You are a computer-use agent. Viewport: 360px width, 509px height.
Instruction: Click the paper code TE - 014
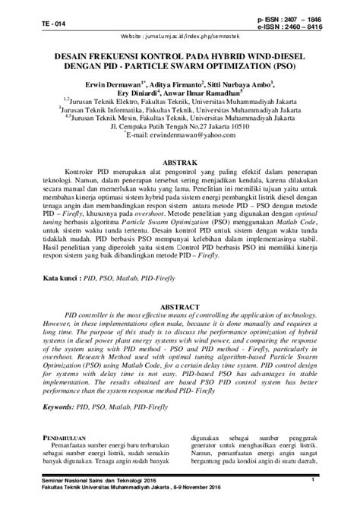(x=33, y=22)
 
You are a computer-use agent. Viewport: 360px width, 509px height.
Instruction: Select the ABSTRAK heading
(x=179, y=163)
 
